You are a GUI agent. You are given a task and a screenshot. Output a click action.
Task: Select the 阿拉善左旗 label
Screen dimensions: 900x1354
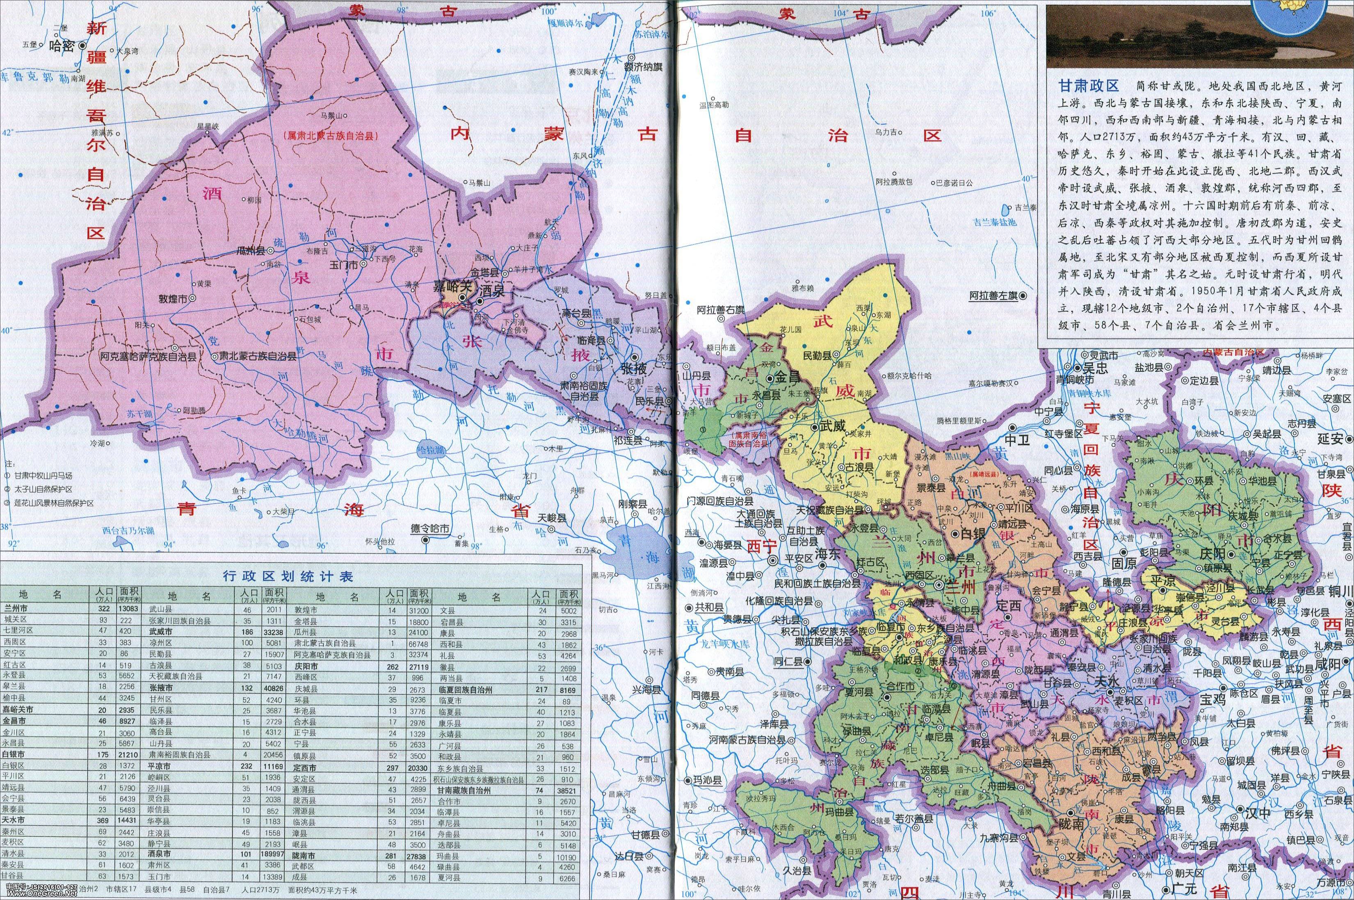993,295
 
